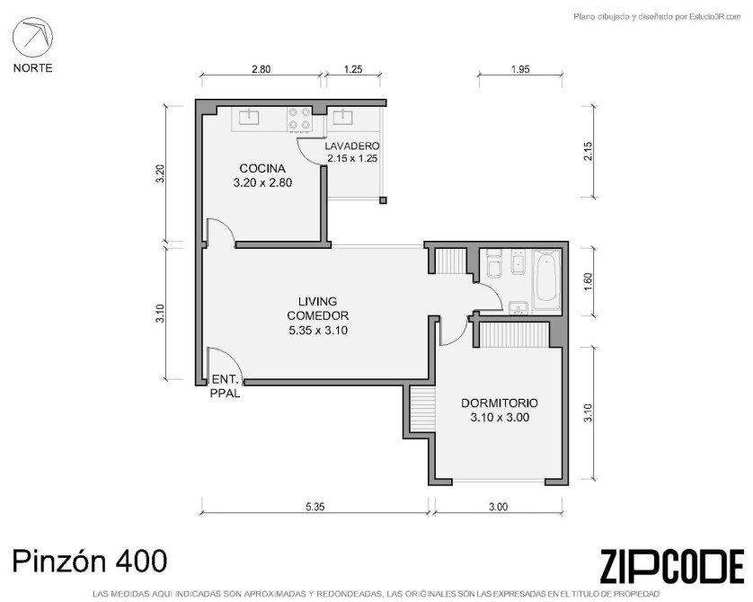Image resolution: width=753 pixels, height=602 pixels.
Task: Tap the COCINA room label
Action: pyautogui.click(x=262, y=169)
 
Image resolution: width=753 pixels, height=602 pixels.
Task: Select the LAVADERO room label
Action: pyautogui.click(x=352, y=146)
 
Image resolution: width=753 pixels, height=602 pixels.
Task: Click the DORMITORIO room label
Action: pyautogui.click(x=500, y=403)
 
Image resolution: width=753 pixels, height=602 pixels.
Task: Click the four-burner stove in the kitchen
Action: pyautogui.click(x=298, y=120)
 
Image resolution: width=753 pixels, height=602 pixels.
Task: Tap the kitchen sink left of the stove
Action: pyautogui.click(x=249, y=117)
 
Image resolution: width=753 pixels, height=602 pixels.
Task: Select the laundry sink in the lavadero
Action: pyautogui.click(x=343, y=117)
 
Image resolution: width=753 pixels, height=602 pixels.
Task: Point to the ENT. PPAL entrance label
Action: pyautogui.click(x=226, y=386)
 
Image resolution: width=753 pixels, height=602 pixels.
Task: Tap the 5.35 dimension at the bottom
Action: pyautogui.click(x=315, y=507)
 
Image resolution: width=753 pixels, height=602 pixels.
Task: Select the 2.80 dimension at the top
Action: pyautogui.click(x=261, y=69)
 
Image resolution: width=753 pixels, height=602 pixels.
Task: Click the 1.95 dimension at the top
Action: pyautogui.click(x=520, y=69)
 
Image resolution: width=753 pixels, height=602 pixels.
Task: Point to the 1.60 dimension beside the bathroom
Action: pyautogui.click(x=589, y=282)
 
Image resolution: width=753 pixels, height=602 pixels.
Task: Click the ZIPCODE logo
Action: pyautogui.click(x=672, y=567)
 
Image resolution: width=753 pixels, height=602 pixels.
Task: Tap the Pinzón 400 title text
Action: pyautogui.click(x=90, y=561)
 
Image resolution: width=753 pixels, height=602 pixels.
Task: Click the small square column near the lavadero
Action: pyautogui.click(x=383, y=200)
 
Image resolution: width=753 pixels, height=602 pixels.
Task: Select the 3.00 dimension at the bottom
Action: pyautogui.click(x=499, y=507)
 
